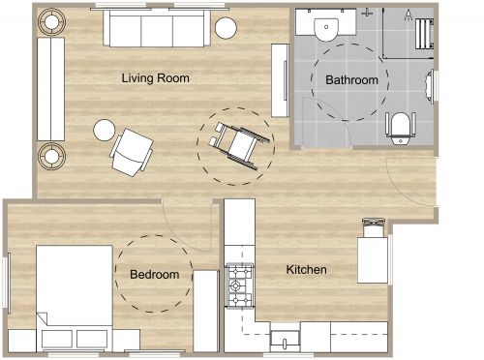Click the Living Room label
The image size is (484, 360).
point(155,77)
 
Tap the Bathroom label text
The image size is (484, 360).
point(350,80)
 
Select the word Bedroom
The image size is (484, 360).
point(155,275)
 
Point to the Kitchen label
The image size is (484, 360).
point(307,269)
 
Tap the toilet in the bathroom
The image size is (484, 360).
point(402,126)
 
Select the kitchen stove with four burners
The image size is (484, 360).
point(238,283)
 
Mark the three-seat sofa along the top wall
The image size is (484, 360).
point(155,30)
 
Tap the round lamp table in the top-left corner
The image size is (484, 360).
point(50,19)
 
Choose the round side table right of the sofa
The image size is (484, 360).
point(226,27)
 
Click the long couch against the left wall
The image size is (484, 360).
point(50,89)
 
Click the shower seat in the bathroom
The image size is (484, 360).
point(421,34)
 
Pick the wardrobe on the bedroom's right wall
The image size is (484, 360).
point(206,311)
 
